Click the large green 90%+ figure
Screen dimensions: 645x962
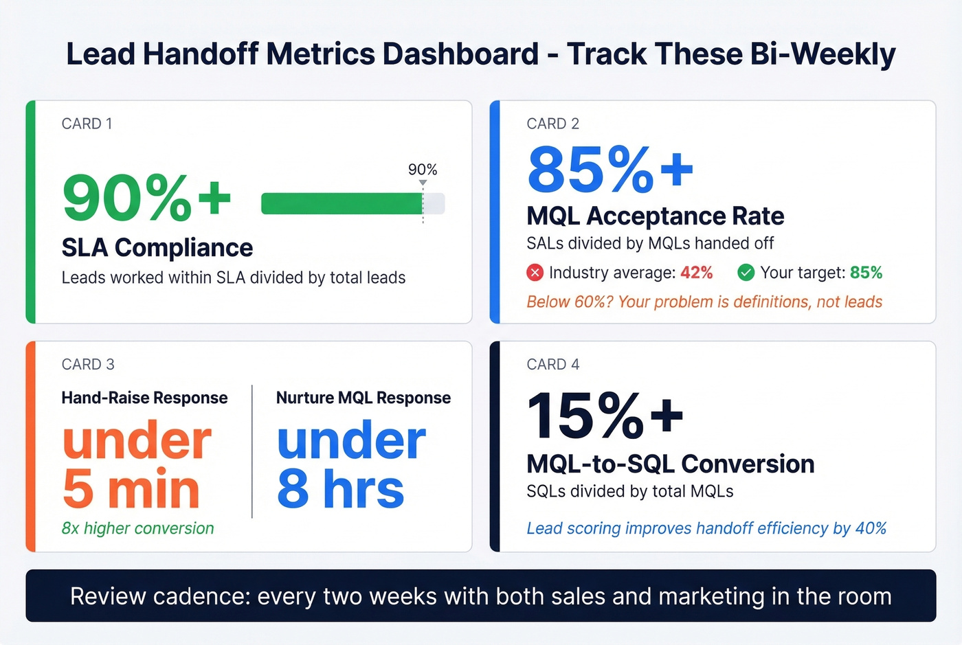point(146,198)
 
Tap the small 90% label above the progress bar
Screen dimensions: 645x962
point(422,170)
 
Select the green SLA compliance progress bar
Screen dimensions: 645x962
point(342,204)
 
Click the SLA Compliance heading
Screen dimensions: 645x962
point(157,247)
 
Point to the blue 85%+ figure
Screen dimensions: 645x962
point(609,170)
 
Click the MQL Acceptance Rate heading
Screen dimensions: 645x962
point(655,216)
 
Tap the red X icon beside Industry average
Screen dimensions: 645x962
point(535,273)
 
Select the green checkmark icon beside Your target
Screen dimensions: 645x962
point(746,273)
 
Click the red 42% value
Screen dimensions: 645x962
point(696,273)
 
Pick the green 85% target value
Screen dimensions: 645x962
point(866,273)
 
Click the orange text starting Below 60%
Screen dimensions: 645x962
point(704,302)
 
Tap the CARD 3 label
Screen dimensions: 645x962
point(88,364)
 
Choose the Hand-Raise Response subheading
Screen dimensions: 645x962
point(144,398)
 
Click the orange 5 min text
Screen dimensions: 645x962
point(131,489)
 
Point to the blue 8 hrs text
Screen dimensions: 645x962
point(340,489)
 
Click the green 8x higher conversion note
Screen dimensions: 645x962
point(137,528)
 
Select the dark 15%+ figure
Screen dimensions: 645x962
point(605,416)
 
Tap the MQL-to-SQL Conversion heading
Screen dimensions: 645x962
point(670,464)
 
